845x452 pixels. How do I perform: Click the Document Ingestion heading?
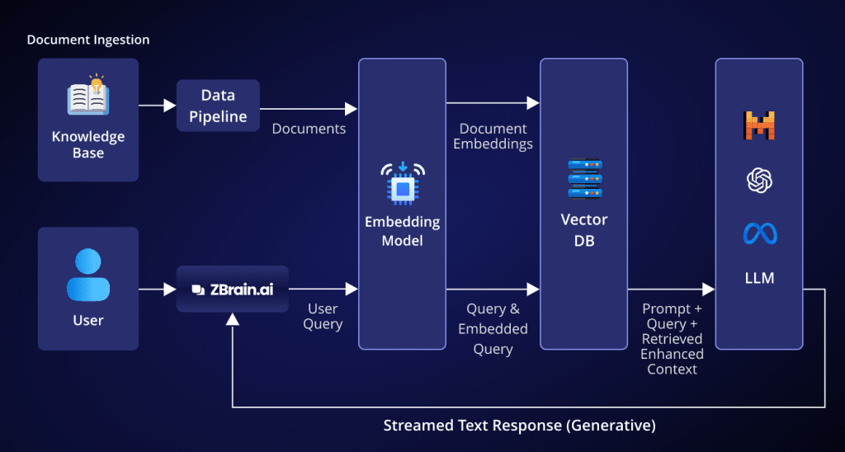(88, 40)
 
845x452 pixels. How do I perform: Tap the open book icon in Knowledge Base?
(88, 98)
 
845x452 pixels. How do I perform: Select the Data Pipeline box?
(218, 106)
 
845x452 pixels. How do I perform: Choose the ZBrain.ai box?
(232, 289)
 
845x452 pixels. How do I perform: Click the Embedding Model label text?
(403, 232)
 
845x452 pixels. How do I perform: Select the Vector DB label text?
(584, 228)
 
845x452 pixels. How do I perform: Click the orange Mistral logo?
(759, 125)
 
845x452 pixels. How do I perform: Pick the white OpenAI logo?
(759, 180)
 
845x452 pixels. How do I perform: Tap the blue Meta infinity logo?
(759, 233)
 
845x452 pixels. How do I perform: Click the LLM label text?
(759, 278)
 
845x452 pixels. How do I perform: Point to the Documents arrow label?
(309, 129)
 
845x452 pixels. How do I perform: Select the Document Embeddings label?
(493, 136)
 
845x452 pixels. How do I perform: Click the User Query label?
(323, 316)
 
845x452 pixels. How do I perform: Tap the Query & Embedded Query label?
(493, 329)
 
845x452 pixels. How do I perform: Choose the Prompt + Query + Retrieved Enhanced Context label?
(672, 338)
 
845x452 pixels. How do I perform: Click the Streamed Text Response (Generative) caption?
(519, 426)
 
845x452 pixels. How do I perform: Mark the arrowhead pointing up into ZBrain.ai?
(233, 318)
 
